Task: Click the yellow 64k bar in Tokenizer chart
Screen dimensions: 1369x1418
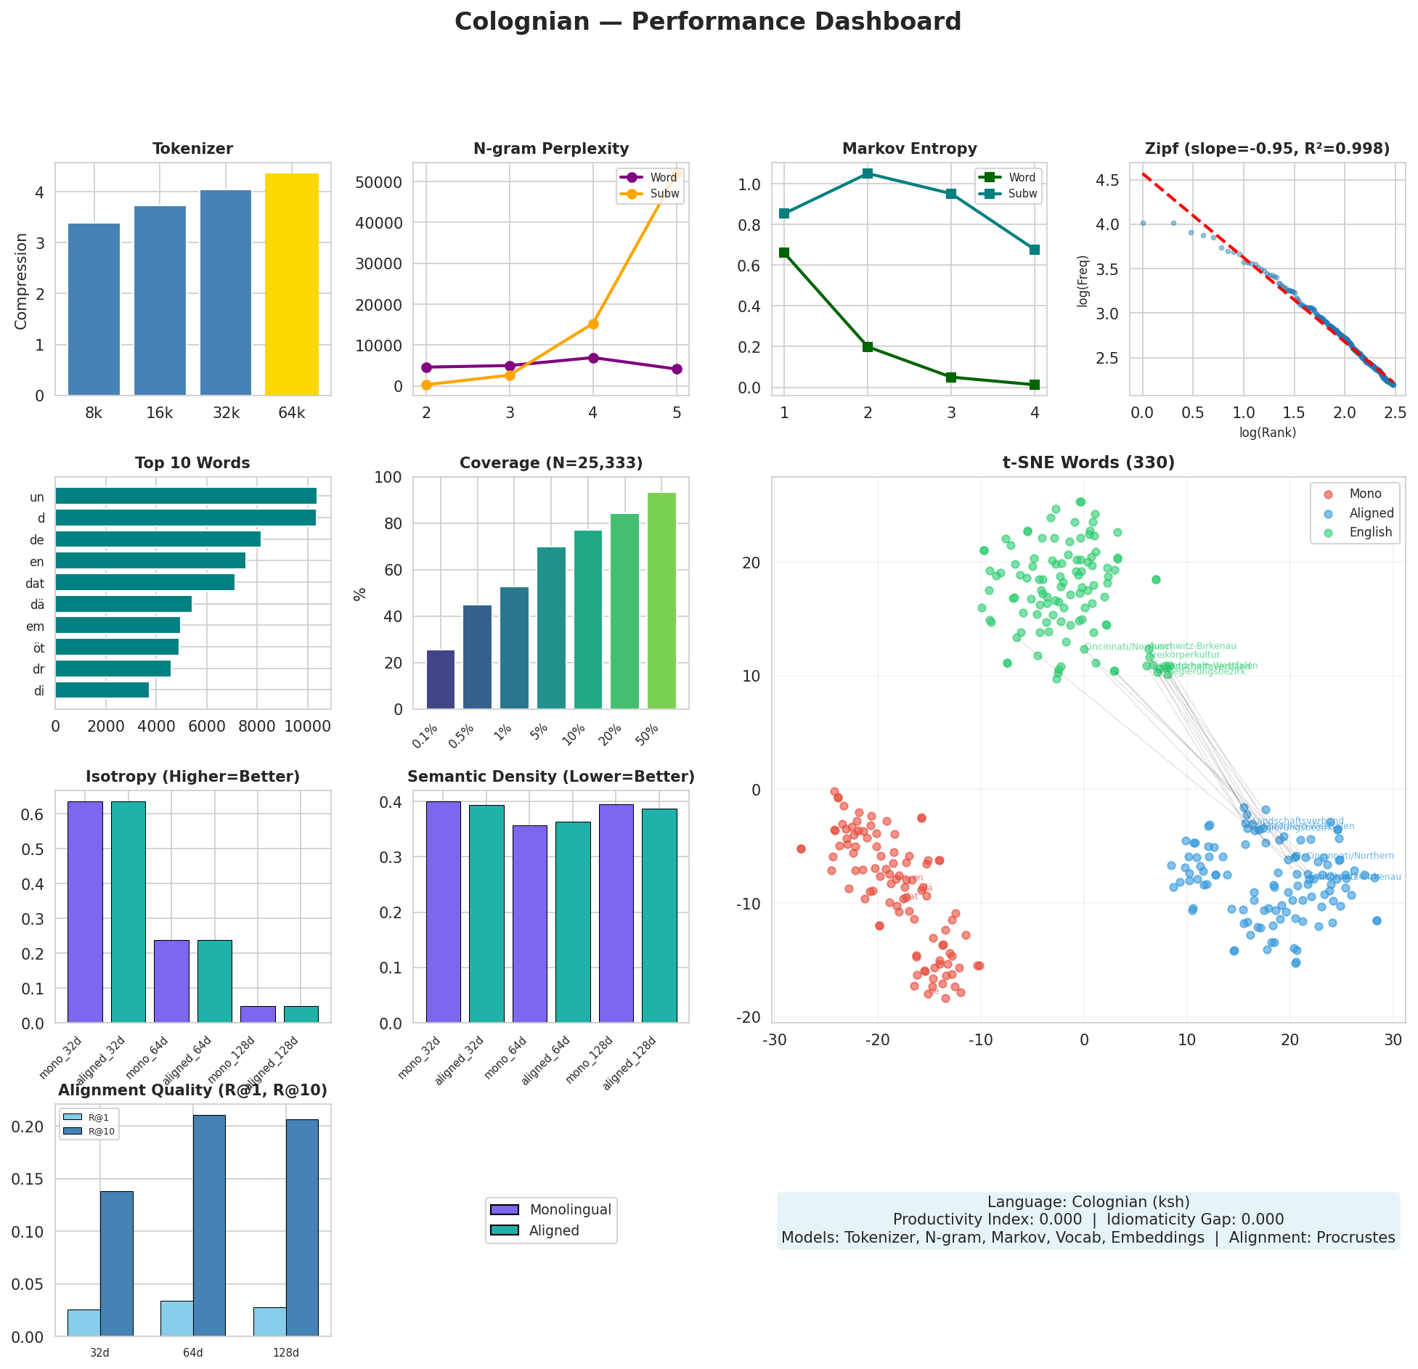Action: (x=292, y=285)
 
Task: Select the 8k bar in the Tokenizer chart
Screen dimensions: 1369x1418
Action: (x=94, y=309)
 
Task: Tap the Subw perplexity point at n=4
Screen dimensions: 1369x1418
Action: (x=593, y=324)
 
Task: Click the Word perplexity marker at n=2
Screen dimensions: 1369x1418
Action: (x=426, y=367)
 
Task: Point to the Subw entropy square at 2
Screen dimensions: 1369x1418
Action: (x=868, y=173)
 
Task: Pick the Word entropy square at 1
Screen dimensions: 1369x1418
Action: (x=784, y=253)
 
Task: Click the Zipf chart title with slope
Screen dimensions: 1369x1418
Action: (x=1267, y=149)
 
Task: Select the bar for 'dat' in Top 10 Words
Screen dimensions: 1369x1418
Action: (x=145, y=582)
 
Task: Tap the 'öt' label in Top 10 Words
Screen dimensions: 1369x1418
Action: (x=38, y=647)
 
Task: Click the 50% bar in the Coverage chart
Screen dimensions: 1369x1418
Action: (x=661, y=601)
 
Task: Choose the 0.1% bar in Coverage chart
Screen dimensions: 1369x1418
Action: (x=441, y=679)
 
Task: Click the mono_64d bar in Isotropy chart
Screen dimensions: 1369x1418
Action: (x=171, y=981)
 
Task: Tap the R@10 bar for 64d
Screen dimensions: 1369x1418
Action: (x=209, y=1226)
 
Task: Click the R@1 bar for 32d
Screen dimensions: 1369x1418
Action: (x=84, y=1323)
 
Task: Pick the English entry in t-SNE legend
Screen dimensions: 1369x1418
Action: (x=1370, y=532)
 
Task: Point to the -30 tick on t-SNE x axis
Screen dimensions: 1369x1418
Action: (x=775, y=1040)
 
